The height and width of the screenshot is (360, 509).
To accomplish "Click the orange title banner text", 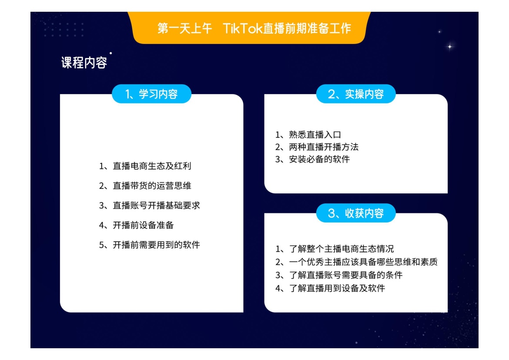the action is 254,28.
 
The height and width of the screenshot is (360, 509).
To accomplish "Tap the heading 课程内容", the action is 84,62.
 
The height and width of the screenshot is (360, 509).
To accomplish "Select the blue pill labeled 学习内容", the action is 151,94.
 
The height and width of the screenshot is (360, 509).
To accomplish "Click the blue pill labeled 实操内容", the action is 356,94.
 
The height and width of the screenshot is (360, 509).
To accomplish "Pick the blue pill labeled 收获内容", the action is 356,213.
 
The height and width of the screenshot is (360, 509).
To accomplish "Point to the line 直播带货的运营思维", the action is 145,185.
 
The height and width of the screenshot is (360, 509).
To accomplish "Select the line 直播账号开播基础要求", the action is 149,205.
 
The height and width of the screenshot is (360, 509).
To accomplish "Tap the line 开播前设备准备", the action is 136,225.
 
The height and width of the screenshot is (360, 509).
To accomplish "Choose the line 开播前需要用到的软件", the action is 149,245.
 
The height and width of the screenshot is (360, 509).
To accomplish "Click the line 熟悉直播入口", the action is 308,135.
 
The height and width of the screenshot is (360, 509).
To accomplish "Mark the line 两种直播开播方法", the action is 317,147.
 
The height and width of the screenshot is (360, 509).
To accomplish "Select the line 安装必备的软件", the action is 313,159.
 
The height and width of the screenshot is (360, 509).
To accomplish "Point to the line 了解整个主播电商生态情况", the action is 335,249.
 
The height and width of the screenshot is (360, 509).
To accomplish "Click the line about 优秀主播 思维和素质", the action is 356,262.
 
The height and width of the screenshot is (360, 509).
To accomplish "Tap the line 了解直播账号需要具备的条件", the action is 339,275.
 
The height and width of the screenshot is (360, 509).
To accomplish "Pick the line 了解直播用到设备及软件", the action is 330,288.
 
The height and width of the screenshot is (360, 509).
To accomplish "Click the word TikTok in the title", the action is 242,28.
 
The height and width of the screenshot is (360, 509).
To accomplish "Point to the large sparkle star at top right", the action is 450,47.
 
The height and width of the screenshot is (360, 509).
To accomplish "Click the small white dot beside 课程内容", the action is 111,53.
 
